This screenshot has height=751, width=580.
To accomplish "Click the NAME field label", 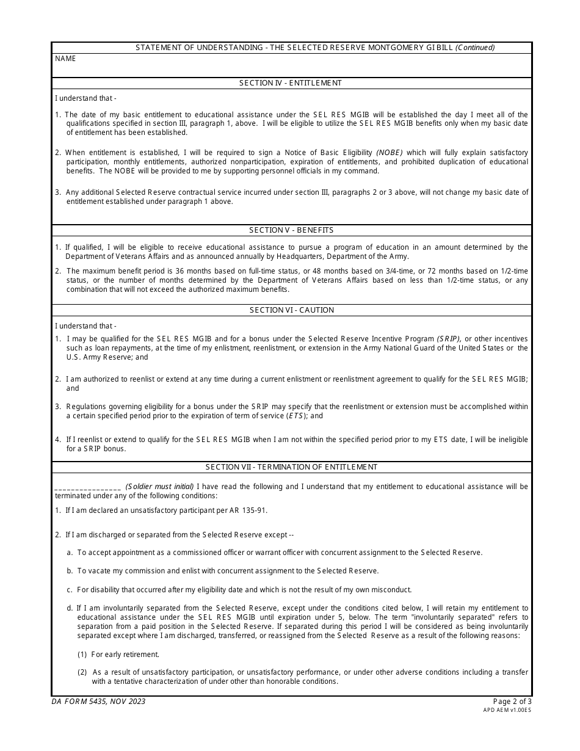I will (x=65, y=59).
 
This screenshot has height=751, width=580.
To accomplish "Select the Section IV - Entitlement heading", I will (x=291, y=83).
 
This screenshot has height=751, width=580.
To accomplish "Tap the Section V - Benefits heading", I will (x=291, y=230).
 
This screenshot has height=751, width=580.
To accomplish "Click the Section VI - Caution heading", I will (x=291, y=310).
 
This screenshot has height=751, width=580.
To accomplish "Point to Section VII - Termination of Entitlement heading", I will (x=291, y=467).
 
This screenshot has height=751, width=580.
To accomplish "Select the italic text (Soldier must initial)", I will (x=159, y=487).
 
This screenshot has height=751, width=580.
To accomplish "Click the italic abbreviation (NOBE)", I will (x=390, y=153).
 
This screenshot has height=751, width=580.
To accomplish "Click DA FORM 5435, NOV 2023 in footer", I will (x=98, y=702).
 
